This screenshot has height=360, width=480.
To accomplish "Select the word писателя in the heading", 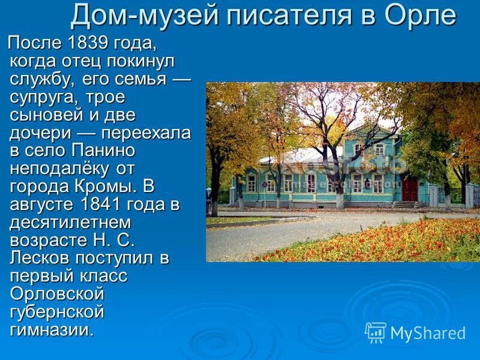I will pos(284,16).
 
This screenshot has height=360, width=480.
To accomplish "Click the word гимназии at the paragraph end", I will pos(52,330).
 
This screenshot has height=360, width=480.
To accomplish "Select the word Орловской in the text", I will pos(58,294).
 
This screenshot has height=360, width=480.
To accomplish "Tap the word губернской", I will pos(58,312).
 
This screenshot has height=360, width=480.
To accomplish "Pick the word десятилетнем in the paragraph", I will pos(70,222).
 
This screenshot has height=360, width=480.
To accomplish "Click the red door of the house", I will pos(410,188).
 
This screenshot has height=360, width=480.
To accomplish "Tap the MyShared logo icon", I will pos(376,332).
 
